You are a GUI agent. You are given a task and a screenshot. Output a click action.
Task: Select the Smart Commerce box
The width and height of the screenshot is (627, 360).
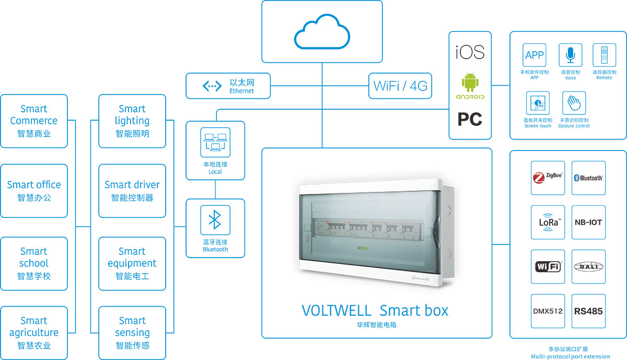coord(34,121)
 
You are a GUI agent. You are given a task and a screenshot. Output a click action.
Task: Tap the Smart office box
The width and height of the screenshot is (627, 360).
coord(34,191)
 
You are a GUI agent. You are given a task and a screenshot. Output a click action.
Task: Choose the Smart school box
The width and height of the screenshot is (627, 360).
coord(34,263)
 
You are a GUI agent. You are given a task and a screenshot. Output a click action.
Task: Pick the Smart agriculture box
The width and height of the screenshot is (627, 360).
coord(34,333)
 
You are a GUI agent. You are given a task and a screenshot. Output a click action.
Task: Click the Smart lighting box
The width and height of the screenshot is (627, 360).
coord(132,121)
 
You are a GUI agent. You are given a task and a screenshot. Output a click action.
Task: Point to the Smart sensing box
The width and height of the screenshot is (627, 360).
coord(132,333)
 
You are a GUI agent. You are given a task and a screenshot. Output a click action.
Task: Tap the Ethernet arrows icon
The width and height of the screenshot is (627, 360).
coord(212,86)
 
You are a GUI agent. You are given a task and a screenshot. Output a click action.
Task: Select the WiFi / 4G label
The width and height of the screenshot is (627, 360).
coord(401,86)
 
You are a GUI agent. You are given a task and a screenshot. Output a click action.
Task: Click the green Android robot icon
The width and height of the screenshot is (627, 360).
coord(470,83)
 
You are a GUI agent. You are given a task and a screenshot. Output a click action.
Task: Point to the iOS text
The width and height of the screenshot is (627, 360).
coord(470,52)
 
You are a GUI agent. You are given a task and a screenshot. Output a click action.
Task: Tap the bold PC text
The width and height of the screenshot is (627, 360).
coord(470,120)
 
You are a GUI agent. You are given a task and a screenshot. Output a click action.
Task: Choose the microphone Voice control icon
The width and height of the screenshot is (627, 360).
coord(570,55)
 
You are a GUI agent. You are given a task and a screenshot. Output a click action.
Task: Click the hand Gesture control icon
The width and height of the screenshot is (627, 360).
coord(573,103)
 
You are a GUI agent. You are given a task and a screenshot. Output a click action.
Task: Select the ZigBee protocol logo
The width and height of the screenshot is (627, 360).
coord(548,178)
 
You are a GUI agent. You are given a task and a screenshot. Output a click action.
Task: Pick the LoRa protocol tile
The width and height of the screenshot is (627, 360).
coord(548,222)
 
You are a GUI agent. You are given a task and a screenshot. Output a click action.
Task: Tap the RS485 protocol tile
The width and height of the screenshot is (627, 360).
coord(588,311)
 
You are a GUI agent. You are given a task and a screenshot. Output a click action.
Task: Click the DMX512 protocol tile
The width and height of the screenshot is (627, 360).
coord(548,311)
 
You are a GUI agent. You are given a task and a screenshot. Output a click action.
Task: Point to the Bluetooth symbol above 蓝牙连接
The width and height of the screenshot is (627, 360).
coord(215,220)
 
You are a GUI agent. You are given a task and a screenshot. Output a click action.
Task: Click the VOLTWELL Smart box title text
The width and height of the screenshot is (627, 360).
coord(375,310)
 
